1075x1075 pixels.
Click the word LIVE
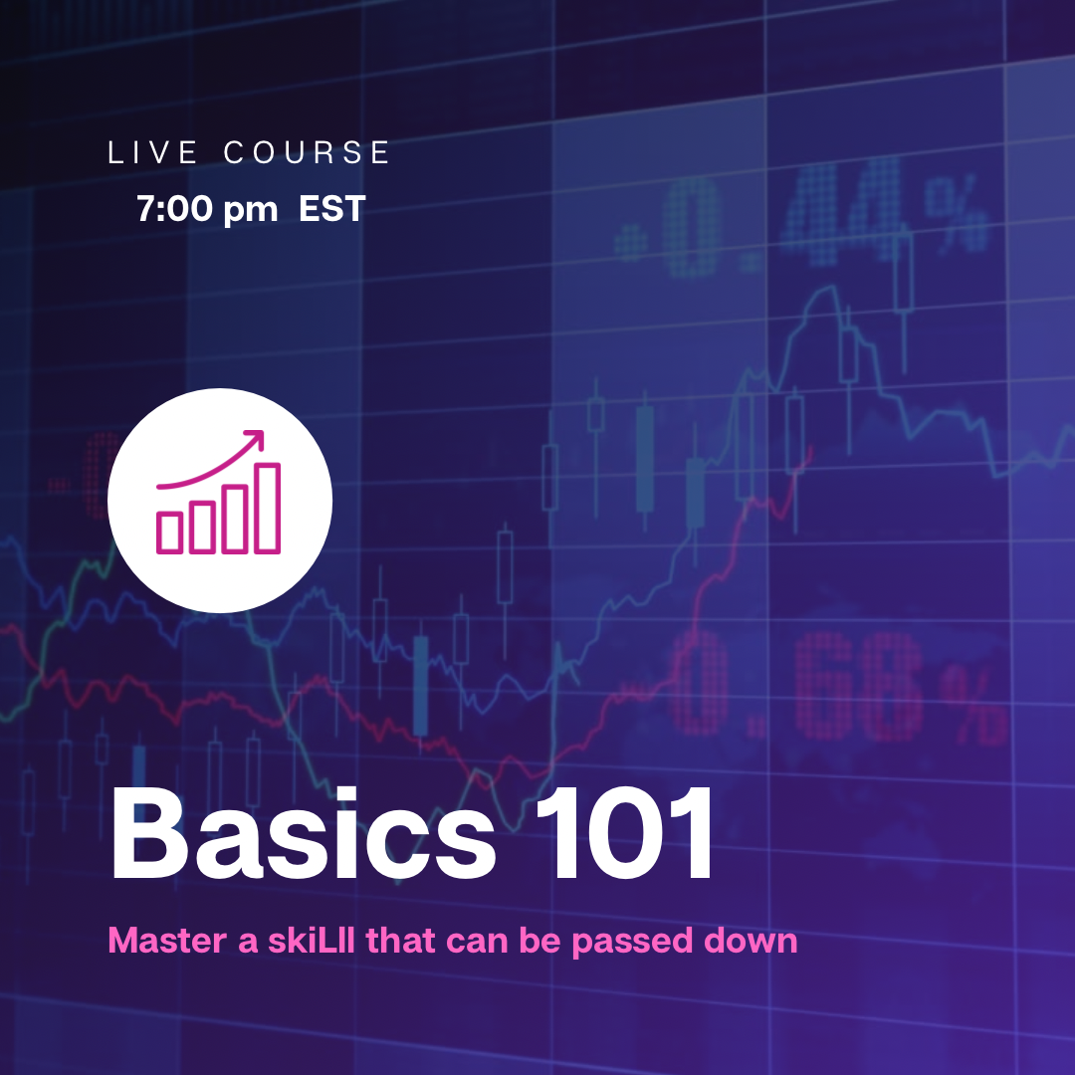pos(153,152)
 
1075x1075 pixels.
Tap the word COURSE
pos(307,152)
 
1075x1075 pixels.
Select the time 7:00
pos(175,208)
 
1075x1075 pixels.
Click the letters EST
pos(331,208)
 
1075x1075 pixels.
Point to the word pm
pos(250,211)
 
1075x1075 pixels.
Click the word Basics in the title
pos(303,834)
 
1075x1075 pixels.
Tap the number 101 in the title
pos(624,832)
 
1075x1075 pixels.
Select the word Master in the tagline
pos(167,940)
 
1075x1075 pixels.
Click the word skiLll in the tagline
pos(312,940)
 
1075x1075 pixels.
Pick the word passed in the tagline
pos(632,943)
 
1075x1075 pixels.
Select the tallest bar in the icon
pos(268,508)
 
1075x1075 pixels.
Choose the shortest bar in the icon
pos(169,532)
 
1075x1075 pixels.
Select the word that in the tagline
pos(400,940)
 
